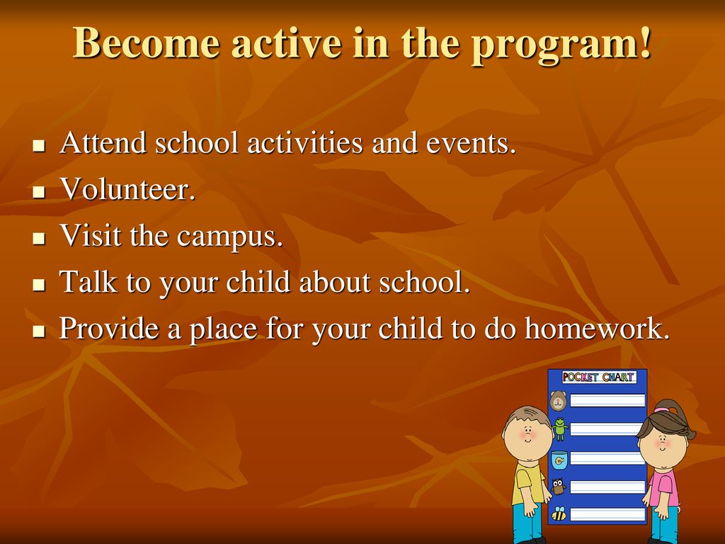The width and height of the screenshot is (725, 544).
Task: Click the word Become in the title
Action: point(147,42)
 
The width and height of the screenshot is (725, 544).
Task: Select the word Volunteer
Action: point(127,188)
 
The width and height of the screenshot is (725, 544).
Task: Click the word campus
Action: point(229,237)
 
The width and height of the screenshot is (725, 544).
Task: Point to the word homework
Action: point(597,328)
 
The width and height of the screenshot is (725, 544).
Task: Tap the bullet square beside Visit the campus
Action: point(39,238)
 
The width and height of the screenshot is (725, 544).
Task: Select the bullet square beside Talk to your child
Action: point(39,285)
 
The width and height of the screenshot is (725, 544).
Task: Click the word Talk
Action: point(89,281)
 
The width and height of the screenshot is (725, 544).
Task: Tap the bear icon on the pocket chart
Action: point(558,401)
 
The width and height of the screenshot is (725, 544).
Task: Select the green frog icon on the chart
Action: point(560,429)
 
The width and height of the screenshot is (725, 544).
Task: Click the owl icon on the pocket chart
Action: point(559,486)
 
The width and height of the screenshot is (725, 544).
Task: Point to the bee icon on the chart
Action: point(559,514)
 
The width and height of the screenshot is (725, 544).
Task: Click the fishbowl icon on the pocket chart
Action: point(559,460)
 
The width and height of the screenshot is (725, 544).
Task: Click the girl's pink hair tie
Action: point(662,410)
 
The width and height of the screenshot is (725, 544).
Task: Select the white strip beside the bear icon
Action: point(607,400)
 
